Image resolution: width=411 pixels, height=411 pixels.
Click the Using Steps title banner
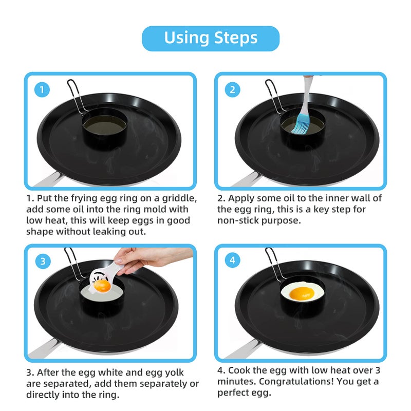coord(211,38)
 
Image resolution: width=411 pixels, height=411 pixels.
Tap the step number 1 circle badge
coord(43,90)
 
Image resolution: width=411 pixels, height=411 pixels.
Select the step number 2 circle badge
coord(232,90)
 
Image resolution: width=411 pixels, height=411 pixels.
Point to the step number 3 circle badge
coord(43,261)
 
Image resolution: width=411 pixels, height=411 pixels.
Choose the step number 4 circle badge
coord(232,261)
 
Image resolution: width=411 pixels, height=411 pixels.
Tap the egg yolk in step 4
coord(302,294)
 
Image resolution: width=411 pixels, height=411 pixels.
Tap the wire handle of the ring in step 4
coord(272,265)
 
